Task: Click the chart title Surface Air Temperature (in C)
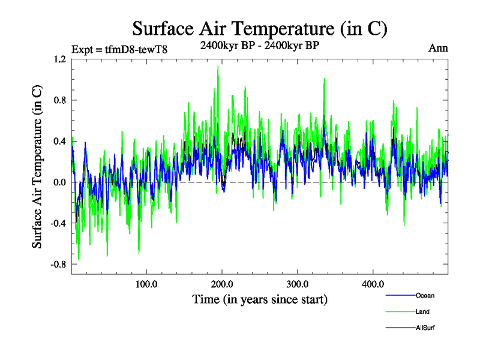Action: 260,28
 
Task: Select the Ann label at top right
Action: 438,48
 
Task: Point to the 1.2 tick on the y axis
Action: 60,59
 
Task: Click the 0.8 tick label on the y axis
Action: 60,100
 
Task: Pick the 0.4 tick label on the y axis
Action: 60,141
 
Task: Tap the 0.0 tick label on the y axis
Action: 60,182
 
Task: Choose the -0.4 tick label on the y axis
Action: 58,223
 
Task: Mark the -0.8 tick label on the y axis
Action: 58,264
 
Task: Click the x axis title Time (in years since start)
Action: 260,299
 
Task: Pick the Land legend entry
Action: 422,311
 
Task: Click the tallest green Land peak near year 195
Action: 218,67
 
